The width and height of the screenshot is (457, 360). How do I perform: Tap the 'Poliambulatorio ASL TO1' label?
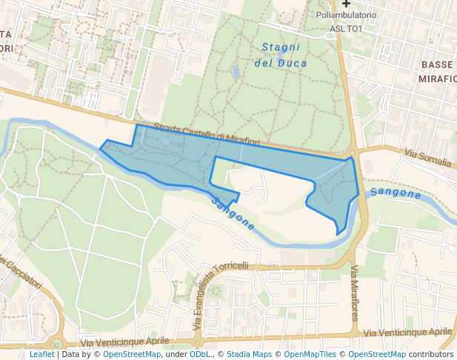coord(346,21)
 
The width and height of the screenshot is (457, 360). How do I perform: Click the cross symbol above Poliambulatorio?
coord(346,4)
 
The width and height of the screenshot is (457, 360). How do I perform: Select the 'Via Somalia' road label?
coord(428,157)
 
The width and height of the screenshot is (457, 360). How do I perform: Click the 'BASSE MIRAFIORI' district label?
coord(436,71)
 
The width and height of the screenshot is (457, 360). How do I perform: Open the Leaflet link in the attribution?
coord(41,354)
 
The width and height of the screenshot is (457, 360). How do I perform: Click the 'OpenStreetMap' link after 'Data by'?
coord(131,354)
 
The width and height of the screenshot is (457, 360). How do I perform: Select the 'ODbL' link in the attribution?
coord(200,354)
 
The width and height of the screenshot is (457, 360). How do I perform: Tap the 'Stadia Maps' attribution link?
coord(248,354)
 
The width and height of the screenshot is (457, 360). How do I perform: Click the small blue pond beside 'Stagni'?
coord(236,72)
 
